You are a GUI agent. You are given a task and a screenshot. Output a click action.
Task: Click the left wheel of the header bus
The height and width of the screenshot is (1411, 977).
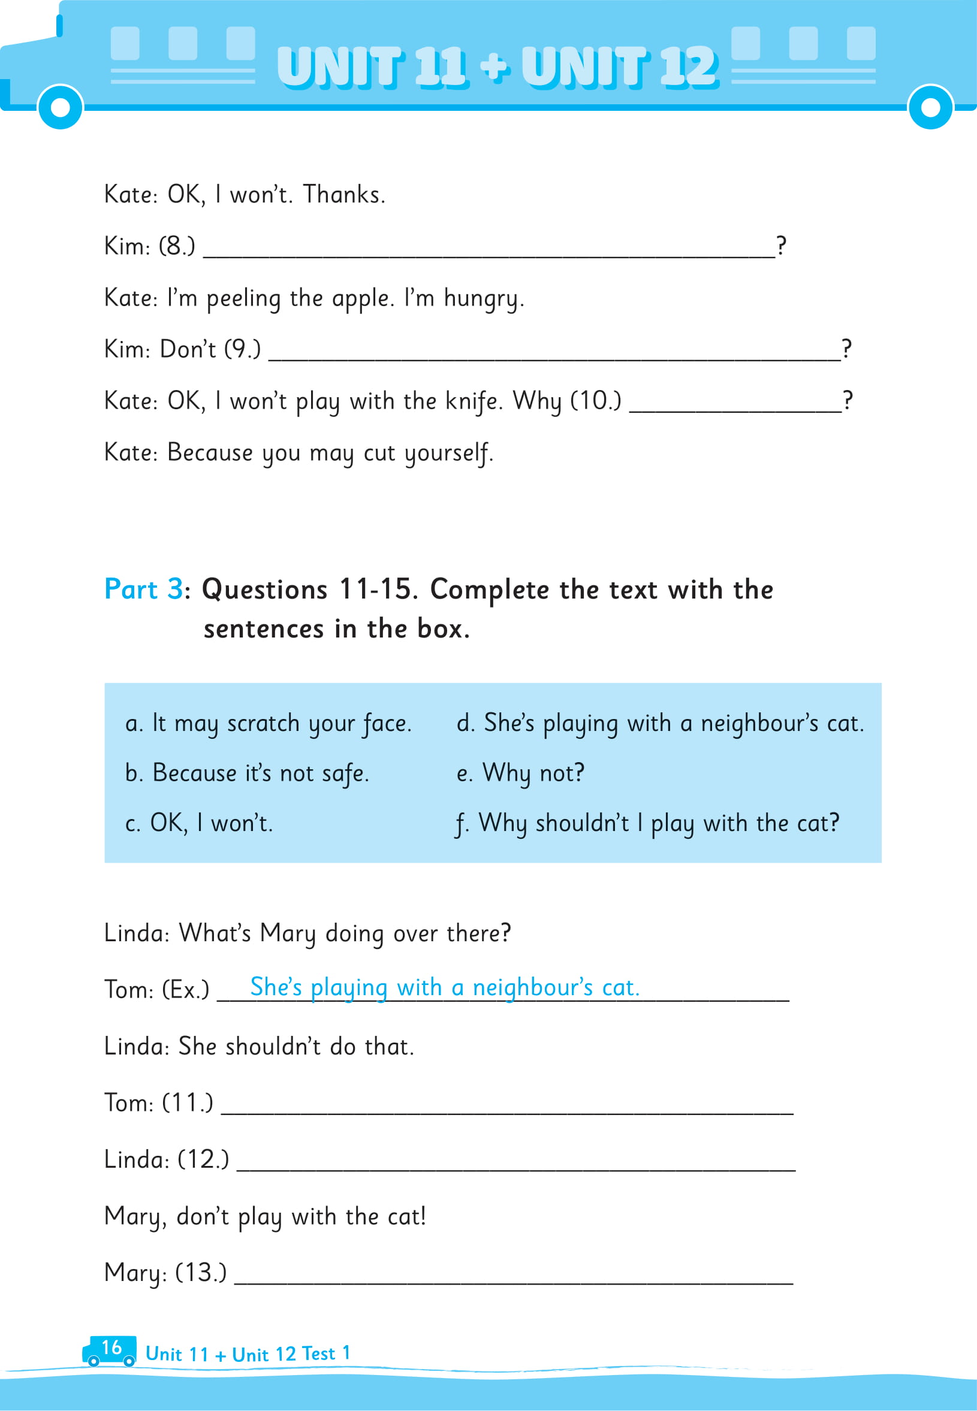(x=60, y=107)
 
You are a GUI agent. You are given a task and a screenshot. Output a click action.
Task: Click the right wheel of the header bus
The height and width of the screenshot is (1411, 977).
(x=930, y=107)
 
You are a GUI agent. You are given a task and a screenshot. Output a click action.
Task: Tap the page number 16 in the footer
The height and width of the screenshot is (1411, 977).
(x=111, y=1347)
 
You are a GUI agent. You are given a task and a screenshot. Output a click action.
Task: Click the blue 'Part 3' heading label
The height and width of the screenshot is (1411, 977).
(x=143, y=589)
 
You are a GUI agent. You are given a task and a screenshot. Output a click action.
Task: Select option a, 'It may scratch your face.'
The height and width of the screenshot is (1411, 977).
(x=268, y=724)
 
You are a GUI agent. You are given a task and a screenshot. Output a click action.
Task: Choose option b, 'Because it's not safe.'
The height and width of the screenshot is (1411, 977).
(x=247, y=774)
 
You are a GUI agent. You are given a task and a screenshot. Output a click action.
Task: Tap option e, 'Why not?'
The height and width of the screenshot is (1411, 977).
(x=520, y=774)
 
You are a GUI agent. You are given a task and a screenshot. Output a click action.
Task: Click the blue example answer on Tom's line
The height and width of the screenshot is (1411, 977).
(x=444, y=988)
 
